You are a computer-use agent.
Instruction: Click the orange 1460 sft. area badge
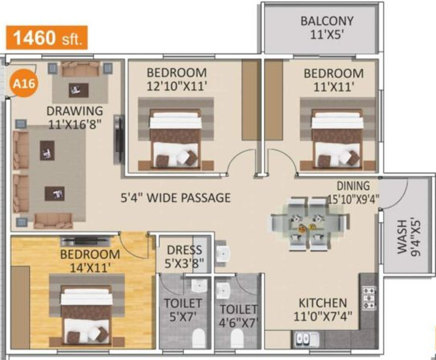tap(46, 39)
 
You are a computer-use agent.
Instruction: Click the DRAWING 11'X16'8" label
tap(74, 116)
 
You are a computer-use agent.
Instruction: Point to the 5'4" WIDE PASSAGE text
tap(175, 197)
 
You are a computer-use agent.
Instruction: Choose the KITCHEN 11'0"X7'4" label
tap(323, 308)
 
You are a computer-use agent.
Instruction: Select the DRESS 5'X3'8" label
tap(184, 256)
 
